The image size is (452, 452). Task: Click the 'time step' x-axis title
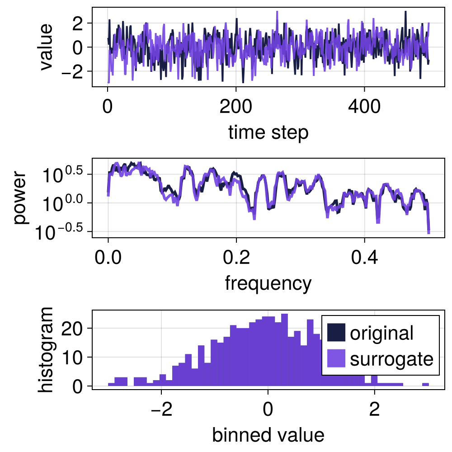pyautogui.click(x=268, y=132)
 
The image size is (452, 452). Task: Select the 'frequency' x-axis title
pyautogui.click(x=268, y=283)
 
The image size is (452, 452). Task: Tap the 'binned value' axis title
pyautogui.click(x=268, y=435)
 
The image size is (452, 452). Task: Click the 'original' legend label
pyautogui.click(x=381, y=333)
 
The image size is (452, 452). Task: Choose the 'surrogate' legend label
pyautogui.click(x=391, y=359)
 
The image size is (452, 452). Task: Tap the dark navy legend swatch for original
pyautogui.click(x=336, y=333)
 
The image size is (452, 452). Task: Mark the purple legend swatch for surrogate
pyautogui.click(x=336, y=359)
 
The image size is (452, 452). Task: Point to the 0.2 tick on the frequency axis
pyautogui.click(x=236, y=259)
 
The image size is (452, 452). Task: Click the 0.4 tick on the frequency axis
pyautogui.click(x=365, y=259)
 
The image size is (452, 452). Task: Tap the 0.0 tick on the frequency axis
pyautogui.click(x=108, y=259)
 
